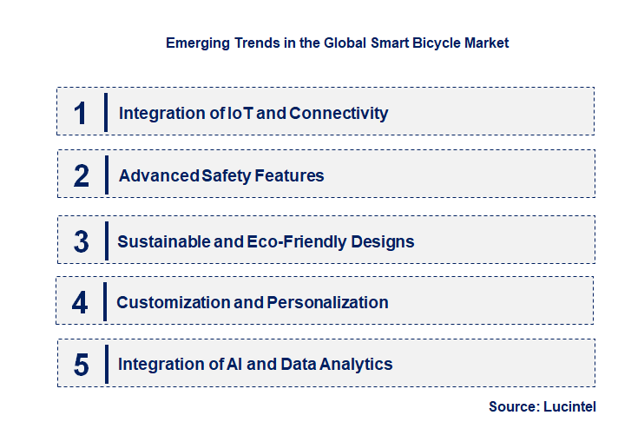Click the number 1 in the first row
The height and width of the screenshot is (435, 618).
[81, 113]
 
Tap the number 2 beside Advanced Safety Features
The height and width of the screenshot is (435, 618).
[82, 175]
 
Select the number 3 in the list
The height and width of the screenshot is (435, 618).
[82, 241]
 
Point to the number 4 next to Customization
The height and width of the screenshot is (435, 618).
[80, 302]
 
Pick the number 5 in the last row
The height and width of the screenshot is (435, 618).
[82, 365]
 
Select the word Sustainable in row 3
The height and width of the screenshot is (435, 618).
[164, 241]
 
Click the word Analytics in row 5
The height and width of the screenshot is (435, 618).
[357, 365]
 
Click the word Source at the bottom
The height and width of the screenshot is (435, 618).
[513, 406]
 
